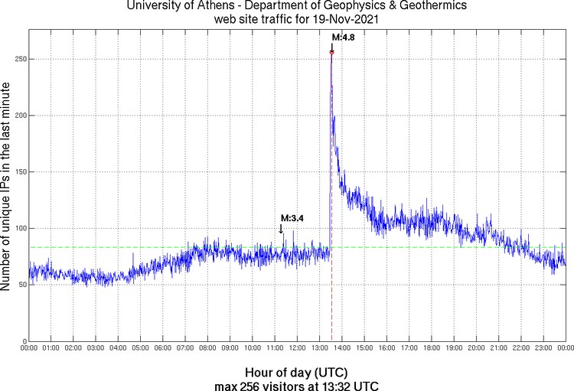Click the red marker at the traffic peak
pyautogui.click(x=331, y=52)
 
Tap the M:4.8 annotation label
pyautogui.click(x=341, y=37)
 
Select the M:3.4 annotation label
pyautogui.click(x=292, y=218)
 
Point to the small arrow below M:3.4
pyautogui.click(x=281, y=228)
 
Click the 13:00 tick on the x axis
pyautogui.click(x=319, y=349)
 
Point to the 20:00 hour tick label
pyautogui.click(x=476, y=349)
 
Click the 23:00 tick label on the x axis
pyautogui.click(x=543, y=349)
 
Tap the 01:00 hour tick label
pyautogui.click(x=51, y=349)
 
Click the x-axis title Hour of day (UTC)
pyautogui.click(x=296, y=370)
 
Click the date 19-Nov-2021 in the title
pyautogui.click(x=339, y=20)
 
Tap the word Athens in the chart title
pyautogui.click(x=204, y=7)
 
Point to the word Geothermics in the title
pyautogui.click(x=416, y=7)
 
